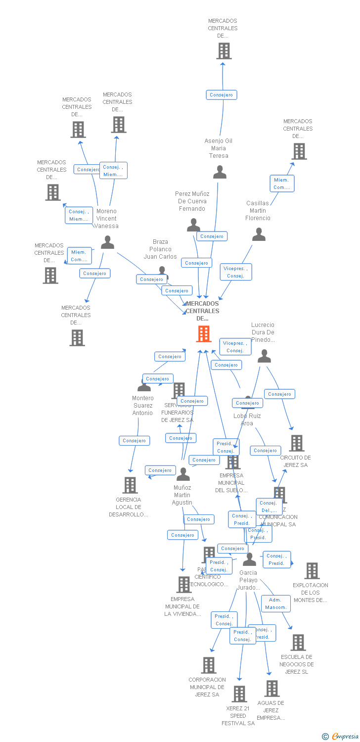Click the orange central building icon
pos(204,334)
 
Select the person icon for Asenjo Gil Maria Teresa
pos(220,172)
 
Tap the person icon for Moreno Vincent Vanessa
pos(107,242)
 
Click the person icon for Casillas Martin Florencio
pos(259,234)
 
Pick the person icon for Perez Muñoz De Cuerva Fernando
pos(193,225)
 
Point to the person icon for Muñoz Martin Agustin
pos(183,474)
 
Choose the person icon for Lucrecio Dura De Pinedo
pos(265,356)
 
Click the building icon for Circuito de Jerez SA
pos(297,443)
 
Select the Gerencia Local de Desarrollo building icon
pos(130,485)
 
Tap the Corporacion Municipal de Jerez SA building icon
pos(209,665)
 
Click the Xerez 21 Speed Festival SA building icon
pos(239,694)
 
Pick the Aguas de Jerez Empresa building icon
pos(271,689)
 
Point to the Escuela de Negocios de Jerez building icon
pos(298,643)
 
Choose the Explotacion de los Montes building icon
pos(312,571)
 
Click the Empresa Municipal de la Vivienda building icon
pos(183,585)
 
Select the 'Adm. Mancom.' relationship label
pos(276,603)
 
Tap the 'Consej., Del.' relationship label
pos(269,507)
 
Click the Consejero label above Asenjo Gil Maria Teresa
pos(221,94)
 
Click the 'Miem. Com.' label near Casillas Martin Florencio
pos(282,184)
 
